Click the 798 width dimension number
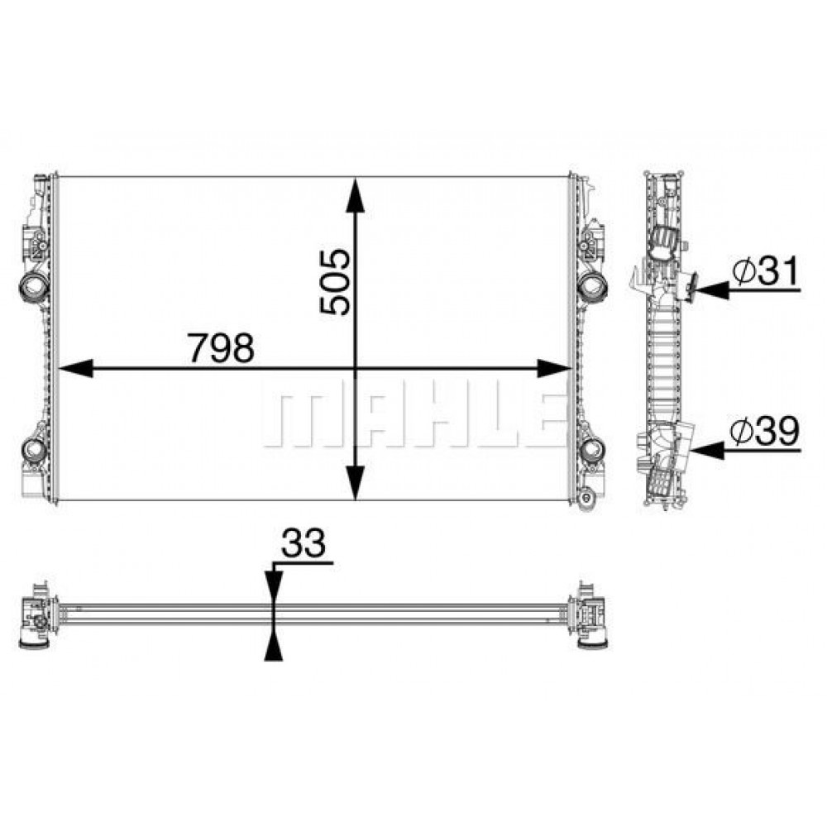point(222,347)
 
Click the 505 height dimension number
point(335,282)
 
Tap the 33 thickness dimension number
point(304,543)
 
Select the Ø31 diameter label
point(766,270)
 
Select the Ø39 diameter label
point(765,432)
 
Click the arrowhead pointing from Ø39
point(709,451)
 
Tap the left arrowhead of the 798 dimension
point(75,368)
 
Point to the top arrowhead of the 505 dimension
point(356,196)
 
